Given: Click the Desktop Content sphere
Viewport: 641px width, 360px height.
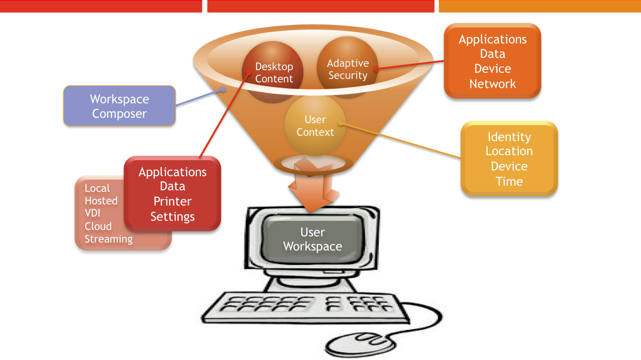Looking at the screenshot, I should pyautogui.click(x=273, y=72).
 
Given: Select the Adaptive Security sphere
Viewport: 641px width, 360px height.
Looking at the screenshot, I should pyautogui.click(x=347, y=68).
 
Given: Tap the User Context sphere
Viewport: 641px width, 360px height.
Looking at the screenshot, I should pyautogui.click(x=315, y=126).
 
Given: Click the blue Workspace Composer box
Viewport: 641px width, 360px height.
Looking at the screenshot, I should pyautogui.click(x=119, y=106).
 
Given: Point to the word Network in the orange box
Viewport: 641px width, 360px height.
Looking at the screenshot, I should pyautogui.click(x=492, y=84).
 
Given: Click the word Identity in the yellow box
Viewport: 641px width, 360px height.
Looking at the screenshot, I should pyautogui.click(x=509, y=137).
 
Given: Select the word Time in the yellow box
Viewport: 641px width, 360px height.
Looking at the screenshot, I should pyautogui.click(x=509, y=181).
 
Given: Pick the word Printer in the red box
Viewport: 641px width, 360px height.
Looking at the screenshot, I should pyautogui.click(x=172, y=201).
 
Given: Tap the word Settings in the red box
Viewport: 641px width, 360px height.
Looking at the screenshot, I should pyautogui.click(x=172, y=217).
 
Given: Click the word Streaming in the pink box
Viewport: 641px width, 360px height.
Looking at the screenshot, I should pyautogui.click(x=109, y=239).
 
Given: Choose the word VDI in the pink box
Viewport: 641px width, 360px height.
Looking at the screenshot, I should pyautogui.click(x=93, y=213).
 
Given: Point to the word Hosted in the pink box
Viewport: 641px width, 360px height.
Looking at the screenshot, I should pyautogui.click(x=101, y=201).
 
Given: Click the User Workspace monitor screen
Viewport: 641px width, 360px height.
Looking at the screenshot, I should pyautogui.click(x=312, y=239).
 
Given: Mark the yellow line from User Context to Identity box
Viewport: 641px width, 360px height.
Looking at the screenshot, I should pyautogui.click(x=401, y=141).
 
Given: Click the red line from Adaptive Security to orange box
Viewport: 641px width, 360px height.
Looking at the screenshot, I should pyautogui.click(x=411, y=65).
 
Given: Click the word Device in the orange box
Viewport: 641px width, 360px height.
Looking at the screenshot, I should pyautogui.click(x=492, y=69).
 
